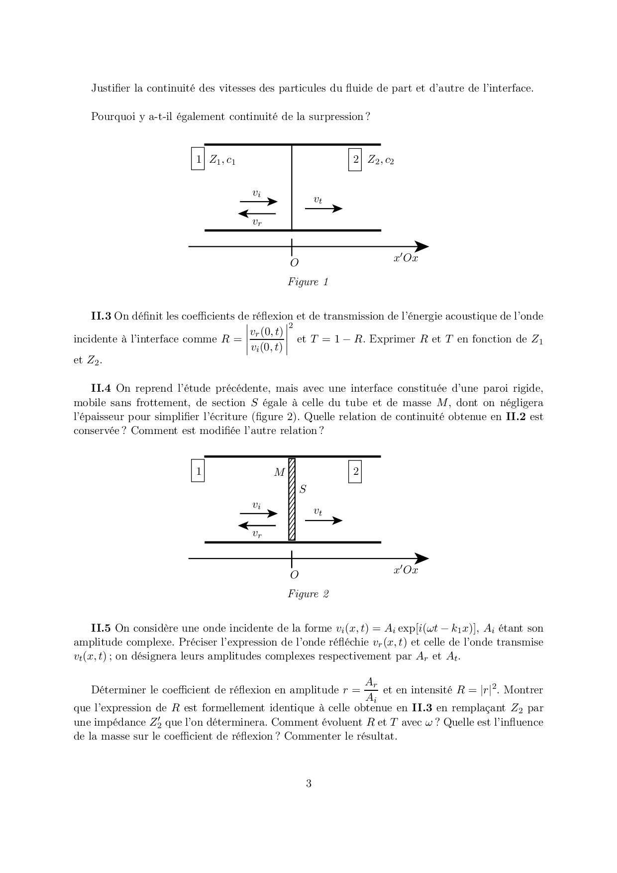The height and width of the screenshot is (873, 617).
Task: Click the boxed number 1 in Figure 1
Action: point(198,159)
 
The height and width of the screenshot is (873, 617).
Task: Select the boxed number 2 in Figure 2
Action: point(355,471)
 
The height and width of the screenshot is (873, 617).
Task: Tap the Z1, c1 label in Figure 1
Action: point(222,160)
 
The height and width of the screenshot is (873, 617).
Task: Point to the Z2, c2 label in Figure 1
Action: point(381,160)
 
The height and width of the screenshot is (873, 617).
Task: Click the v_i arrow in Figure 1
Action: point(258,202)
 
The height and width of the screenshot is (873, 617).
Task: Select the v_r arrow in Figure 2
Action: point(257,525)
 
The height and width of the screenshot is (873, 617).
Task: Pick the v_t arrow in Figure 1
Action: point(323,208)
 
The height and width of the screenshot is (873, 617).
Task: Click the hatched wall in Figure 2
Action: point(292,499)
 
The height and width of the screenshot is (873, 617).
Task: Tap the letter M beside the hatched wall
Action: point(279,472)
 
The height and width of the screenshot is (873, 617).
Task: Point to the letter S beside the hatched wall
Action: point(303,490)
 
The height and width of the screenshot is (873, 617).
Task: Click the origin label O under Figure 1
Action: point(294,263)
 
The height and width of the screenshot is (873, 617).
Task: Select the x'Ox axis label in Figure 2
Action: point(406,570)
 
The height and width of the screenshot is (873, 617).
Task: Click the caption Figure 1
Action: point(308,282)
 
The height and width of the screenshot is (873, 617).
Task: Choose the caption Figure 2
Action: point(308,594)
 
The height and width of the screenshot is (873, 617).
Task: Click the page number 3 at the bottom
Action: point(308,784)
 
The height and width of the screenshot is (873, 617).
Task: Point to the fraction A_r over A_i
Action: point(371,689)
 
